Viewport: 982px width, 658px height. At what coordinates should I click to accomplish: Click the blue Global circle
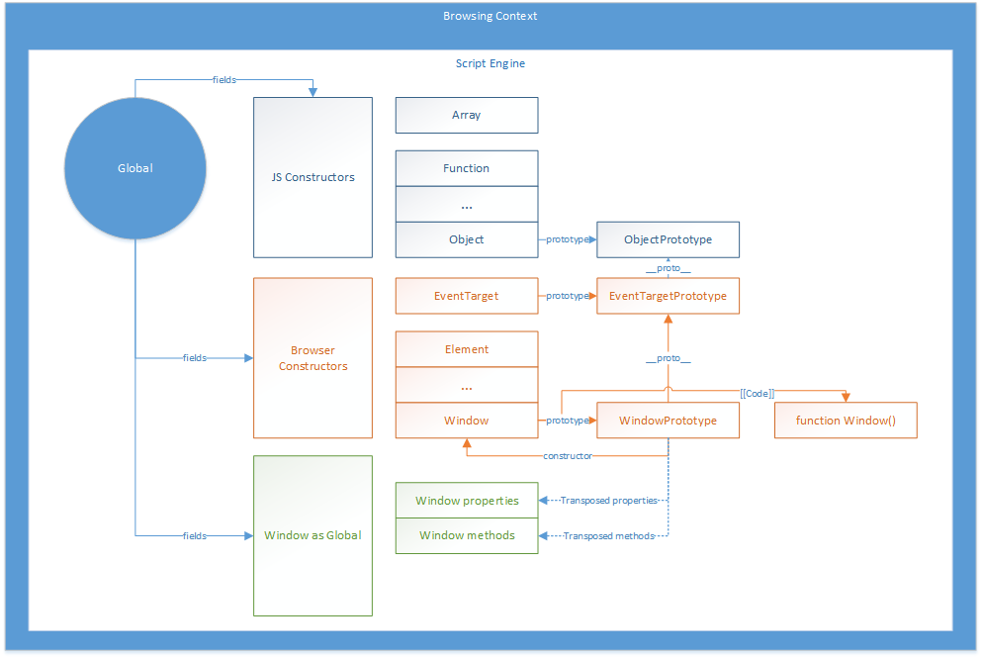click(135, 168)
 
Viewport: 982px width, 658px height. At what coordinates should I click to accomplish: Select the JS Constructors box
click(313, 177)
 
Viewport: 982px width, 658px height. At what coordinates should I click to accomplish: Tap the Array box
click(467, 116)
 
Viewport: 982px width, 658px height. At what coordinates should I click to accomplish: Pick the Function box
click(467, 168)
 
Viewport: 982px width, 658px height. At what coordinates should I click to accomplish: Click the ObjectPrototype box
click(668, 239)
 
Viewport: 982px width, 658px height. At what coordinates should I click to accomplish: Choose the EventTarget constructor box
click(467, 296)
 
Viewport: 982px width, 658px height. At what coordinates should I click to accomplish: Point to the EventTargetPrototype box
click(668, 296)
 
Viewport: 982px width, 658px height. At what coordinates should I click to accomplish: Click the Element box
click(467, 349)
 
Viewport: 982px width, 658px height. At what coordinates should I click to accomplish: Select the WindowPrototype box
click(668, 421)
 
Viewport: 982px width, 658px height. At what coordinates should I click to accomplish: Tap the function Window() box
click(846, 421)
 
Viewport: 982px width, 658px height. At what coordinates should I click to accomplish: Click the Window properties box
click(467, 500)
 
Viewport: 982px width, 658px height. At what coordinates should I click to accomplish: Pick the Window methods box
click(467, 536)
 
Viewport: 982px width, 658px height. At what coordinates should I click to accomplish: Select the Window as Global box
click(313, 536)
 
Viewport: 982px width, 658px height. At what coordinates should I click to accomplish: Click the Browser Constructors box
click(313, 358)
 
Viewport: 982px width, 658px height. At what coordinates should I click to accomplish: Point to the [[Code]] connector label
click(758, 394)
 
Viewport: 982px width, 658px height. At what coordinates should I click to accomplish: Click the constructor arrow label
click(568, 456)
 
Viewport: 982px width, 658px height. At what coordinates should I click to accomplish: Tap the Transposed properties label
click(609, 500)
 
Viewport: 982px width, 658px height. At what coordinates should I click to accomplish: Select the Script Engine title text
click(491, 63)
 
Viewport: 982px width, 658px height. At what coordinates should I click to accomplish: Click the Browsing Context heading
click(491, 16)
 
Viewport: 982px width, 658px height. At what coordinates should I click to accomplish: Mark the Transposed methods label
click(609, 536)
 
